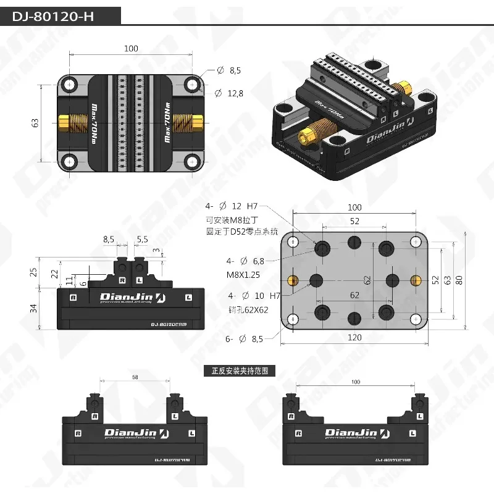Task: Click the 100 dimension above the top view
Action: (131, 49)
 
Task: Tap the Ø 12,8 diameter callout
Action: (228, 93)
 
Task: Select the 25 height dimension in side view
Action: (34, 271)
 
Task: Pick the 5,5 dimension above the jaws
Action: (142, 238)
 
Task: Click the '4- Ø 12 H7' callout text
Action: (230, 205)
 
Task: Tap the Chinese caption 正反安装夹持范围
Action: (240, 371)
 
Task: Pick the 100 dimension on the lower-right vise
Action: (355, 382)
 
